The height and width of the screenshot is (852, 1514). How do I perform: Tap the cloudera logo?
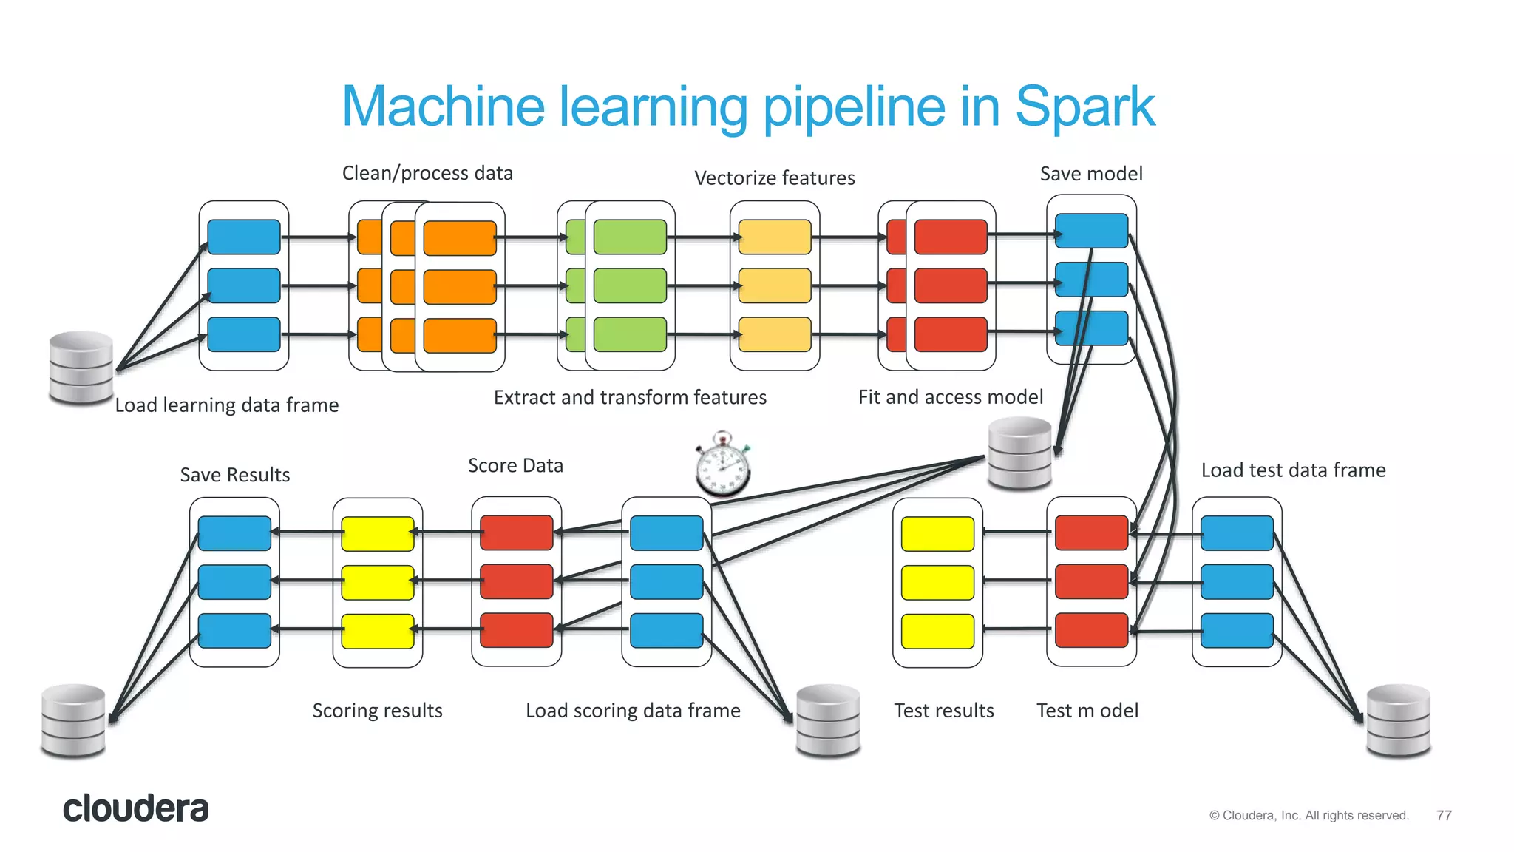point(136,808)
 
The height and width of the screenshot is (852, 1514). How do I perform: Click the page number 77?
point(1444,815)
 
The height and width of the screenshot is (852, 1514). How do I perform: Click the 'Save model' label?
point(1091,174)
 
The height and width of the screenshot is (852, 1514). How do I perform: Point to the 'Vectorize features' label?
point(774,178)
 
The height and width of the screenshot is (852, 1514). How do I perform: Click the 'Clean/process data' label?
point(427,173)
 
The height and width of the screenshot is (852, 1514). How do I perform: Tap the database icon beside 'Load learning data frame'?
point(81,368)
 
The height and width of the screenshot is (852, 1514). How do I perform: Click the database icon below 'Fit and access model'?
point(1020,453)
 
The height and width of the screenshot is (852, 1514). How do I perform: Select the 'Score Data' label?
point(515,465)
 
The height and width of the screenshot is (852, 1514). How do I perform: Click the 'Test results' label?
point(943,711)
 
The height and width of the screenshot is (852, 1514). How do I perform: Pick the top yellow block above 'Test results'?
point(937,534)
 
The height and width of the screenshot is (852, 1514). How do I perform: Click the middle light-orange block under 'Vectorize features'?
point(775,285)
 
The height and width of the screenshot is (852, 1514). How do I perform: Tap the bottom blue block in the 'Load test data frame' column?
point(1237,630)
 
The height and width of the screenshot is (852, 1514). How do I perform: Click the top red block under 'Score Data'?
point(516,532)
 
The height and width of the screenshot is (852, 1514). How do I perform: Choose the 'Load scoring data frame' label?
point(633,711)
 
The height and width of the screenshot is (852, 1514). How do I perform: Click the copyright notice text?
point(1308,815)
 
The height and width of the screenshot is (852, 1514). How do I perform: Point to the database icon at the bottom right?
point(1398,720)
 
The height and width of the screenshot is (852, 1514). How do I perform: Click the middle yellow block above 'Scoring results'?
point(377,582)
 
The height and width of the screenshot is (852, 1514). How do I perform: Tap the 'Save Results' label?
point(235,475)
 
